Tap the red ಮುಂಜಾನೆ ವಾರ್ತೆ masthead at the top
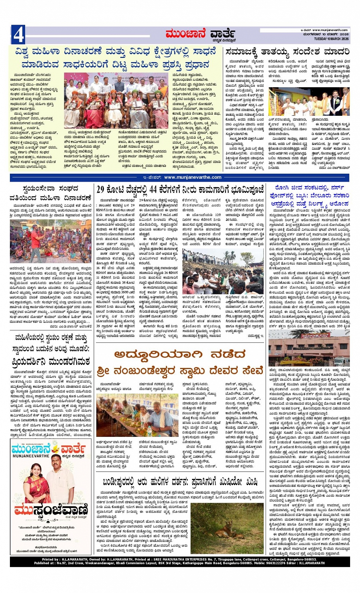point(200,35)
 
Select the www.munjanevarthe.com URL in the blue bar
point(192,177)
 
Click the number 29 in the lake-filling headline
point(101,189)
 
